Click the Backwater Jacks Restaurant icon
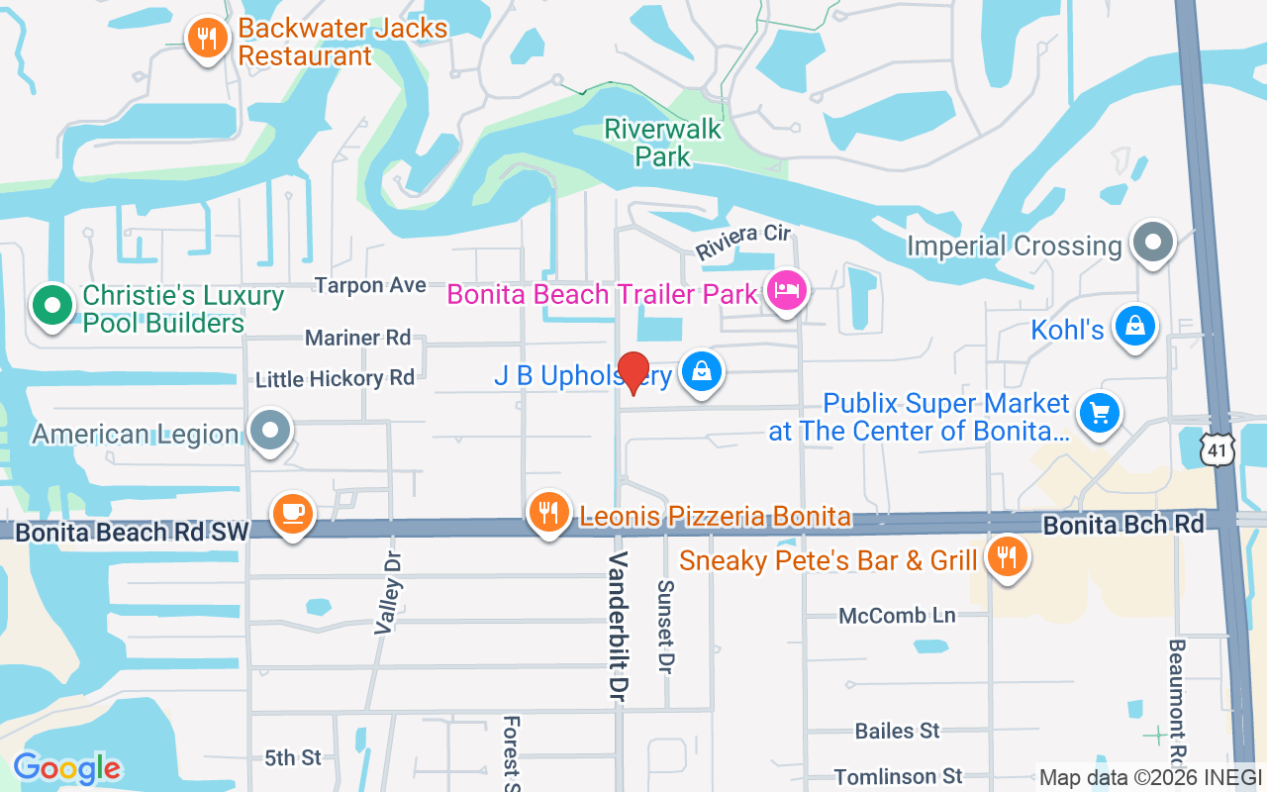tap(206, 39)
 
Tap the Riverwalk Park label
tap(663, 142)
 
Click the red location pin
tap(633, 372)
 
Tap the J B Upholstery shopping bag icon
tap(701, 372)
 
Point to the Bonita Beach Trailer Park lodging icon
tap(785, 291)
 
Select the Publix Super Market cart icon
tap(1098, 412)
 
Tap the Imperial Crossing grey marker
tap(1152, 242)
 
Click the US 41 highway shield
tap(1219, 451)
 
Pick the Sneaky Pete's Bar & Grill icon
tap(1006, 557)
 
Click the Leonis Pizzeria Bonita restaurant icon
tap(548, 512)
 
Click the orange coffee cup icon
tap(293, 513)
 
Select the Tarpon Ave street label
tap(370, 285)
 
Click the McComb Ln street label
tap(897, 616)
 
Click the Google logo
tap(66, 767)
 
